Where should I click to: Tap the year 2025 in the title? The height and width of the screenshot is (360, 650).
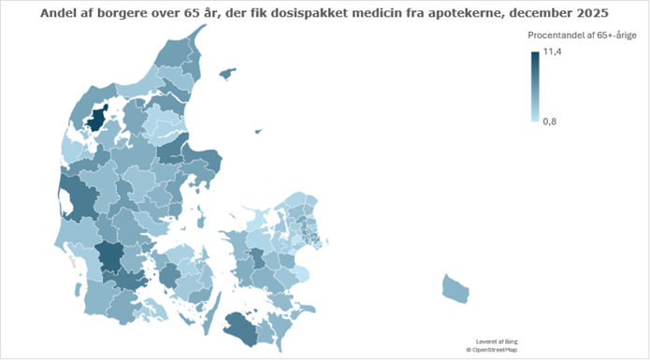tap(587, 14)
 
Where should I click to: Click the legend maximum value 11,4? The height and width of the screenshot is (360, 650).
tap(552, 51)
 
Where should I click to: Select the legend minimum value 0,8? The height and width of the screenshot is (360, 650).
tap(551, 122)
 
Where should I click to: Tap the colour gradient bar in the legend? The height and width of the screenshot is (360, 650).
tap(535, 87)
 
